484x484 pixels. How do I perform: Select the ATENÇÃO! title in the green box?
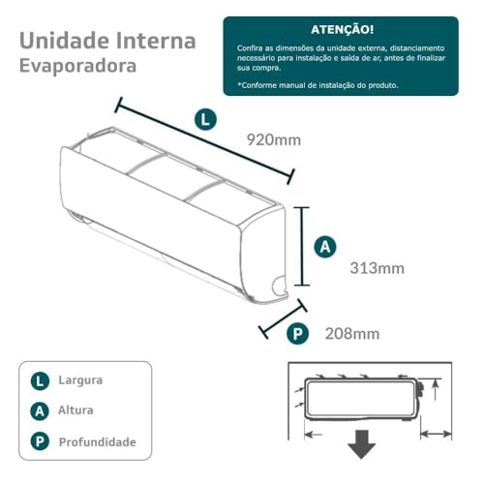340,30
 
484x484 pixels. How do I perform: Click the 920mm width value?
275,140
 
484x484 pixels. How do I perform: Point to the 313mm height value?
377,267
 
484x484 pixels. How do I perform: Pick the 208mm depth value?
352,334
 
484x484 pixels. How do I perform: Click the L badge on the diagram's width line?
205,120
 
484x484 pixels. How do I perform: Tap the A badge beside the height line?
326,248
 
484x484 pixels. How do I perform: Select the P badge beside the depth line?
298,334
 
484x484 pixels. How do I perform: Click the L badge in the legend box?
40,380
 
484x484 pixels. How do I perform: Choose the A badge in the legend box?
40,410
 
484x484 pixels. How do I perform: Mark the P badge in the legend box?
40,442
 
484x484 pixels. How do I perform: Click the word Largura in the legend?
80,380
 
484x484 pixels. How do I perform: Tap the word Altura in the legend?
77,410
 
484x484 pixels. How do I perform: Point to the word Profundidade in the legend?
97,442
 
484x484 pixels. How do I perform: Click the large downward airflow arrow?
362,444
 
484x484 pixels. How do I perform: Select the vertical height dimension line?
305,246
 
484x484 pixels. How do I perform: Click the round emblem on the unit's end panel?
280,286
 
